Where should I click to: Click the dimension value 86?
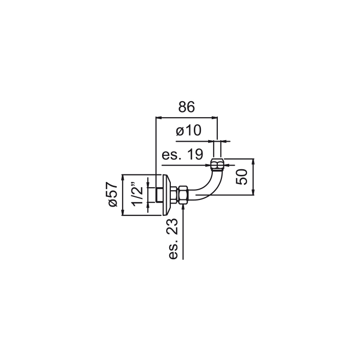pos(187,107)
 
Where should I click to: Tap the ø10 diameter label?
pos(189,130)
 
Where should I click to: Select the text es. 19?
pos(183,154)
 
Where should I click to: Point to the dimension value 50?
pos(242,177)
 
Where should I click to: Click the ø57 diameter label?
pos(112,194)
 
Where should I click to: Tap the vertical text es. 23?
pos(173,239)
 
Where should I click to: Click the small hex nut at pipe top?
pos(217,164)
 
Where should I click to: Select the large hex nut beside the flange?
pos(184,195)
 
